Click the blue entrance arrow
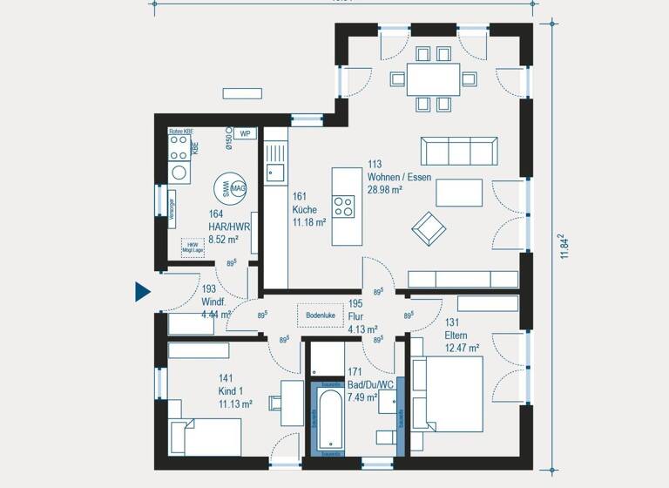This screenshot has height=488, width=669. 143,291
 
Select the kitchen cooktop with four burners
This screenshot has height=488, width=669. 343,207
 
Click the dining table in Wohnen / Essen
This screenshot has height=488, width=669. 434,79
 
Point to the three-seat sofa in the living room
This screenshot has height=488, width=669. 459,151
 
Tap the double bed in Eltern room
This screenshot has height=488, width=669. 448,395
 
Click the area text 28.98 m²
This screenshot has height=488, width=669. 384,189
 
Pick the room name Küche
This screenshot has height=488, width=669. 305,210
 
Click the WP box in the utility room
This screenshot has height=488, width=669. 245,133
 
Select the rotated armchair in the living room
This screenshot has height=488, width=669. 429,228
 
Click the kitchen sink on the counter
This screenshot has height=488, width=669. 275,173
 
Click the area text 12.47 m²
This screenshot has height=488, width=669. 463,347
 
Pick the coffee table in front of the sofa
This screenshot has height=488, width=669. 459,192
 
